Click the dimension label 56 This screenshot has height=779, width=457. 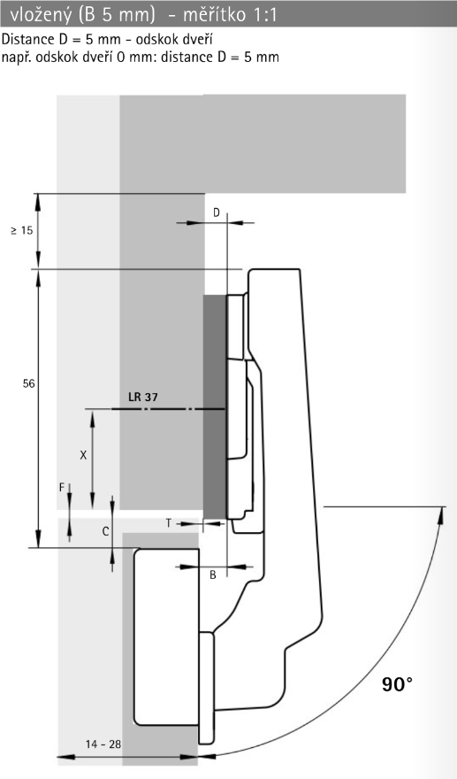point(29,383)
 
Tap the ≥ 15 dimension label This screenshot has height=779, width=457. point(22,230)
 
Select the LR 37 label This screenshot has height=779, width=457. point(143,397)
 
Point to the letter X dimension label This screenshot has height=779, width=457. point(83,455)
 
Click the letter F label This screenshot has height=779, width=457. point(62,488)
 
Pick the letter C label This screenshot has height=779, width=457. point(105,532)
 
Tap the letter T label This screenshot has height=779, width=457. point(169,523)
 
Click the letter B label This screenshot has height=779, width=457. point(213,575)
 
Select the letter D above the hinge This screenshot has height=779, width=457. point(217,212)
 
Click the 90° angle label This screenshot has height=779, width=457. point(397,684)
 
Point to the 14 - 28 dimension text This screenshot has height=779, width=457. point(103,744)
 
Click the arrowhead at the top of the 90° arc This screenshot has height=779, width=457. point(440,514)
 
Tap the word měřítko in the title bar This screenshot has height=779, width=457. point(214,15)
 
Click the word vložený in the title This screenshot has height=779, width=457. point(41,15)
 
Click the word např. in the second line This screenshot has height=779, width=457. point(17,58)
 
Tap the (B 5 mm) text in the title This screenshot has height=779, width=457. point(117,15)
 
